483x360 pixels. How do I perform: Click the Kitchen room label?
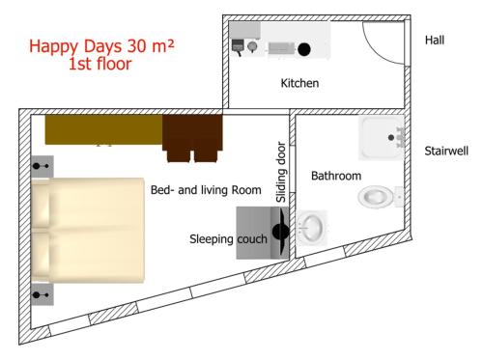(299, 83)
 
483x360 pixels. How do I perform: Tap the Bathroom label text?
(336, 176)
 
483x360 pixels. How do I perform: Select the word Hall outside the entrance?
(435, 40)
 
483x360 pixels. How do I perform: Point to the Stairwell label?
(446, 151)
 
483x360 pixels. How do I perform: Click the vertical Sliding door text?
(281, 172)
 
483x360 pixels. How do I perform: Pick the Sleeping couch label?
(228, 239)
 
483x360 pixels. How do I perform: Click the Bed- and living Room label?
(206, 190)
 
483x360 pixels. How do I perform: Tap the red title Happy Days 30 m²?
(101, 46)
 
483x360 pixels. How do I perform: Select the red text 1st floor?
(100, 64)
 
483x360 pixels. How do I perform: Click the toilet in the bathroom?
(380, 197)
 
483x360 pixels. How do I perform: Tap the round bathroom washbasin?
(311, 228)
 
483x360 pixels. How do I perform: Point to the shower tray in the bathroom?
(382, 138)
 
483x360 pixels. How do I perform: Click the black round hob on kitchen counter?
(304, 49)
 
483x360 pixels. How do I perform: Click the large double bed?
(88, 231)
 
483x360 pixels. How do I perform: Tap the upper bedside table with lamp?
(43, 166)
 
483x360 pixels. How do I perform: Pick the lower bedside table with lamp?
(43, 294)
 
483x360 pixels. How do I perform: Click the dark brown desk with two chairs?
(192, 138)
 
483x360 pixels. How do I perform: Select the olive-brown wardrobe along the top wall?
(103, 129)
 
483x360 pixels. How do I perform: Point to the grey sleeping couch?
(263, 233)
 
